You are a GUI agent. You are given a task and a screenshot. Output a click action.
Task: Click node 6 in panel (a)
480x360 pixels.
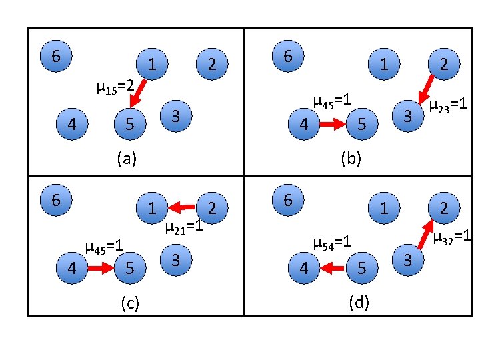[x=56, y=57]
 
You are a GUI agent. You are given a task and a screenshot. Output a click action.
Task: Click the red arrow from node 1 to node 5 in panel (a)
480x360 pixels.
[x=138, y=95]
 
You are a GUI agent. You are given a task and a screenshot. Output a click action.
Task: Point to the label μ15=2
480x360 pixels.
[x=116, y=86]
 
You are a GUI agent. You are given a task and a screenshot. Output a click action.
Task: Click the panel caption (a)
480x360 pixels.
[x=126, y=159]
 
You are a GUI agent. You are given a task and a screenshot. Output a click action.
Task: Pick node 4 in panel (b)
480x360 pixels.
[x=304, y=124]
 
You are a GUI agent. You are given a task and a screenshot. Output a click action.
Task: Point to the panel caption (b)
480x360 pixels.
[x=351, y=159]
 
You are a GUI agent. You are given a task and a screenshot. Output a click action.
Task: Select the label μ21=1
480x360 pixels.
[x=183, y=227]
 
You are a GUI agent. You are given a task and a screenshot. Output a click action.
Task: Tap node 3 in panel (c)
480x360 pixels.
[x=175, y=259]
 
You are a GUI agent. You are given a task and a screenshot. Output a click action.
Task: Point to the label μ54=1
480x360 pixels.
[x=332, y=243]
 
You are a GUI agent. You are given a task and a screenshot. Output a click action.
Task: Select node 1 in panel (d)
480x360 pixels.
[x=383, y=208]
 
